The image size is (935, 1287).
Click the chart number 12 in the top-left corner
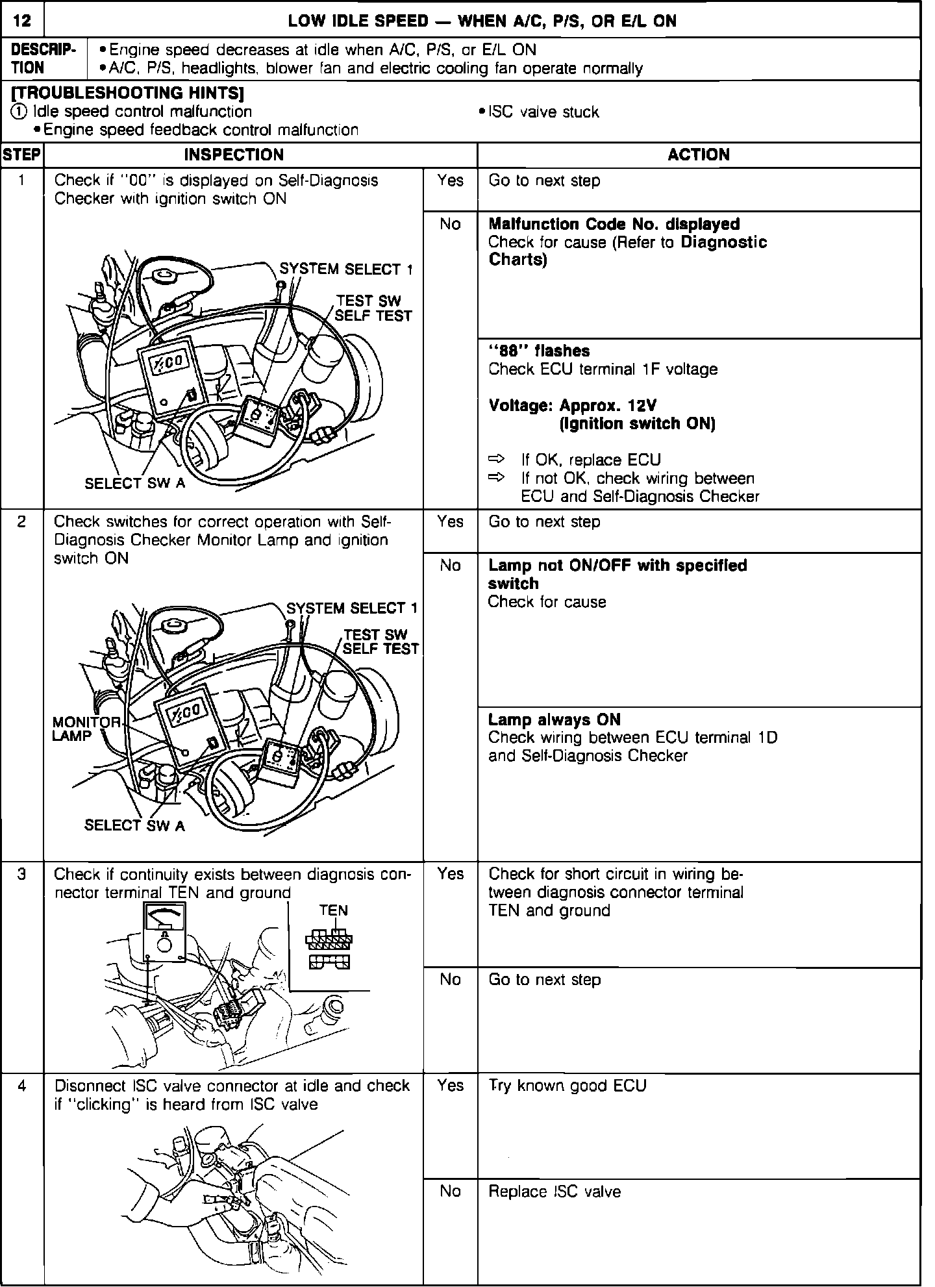pyautogui.click(x=22, y=21)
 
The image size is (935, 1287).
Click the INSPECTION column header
pyautogui.click(x=234, y=155)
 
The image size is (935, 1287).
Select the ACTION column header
pyautogui.click(x=699, y=155)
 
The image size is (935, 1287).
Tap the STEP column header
pyautogui.click(x=21, y=155)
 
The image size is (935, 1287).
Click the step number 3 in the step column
pyautogui.click(x=21, y=874)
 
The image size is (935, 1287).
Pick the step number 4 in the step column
pyautogui.click(x=21, y=1086)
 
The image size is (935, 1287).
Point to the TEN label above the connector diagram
pyautogui.click(x=333, y=910)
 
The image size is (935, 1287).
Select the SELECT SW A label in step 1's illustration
pyautogui.click(x=134, y=483)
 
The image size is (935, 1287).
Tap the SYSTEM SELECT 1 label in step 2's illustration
pyautogui.click(x=353, y=608)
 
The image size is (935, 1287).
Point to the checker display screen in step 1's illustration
pyautogui.click(x=171, y=363)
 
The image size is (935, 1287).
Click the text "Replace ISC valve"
pyautogui.click(x=555, y=1192)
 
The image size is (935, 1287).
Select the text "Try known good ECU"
pyautogui.click(x=567, y=1086)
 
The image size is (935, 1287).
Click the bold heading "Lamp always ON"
pyautogui.click(x=554, y=719)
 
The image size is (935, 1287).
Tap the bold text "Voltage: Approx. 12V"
pyautogui.click(x=572, y=405)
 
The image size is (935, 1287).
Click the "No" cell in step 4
pyautogui.click(x=450, y=1191)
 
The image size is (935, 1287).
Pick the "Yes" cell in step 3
pyautogui.click(x=450, y=874)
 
